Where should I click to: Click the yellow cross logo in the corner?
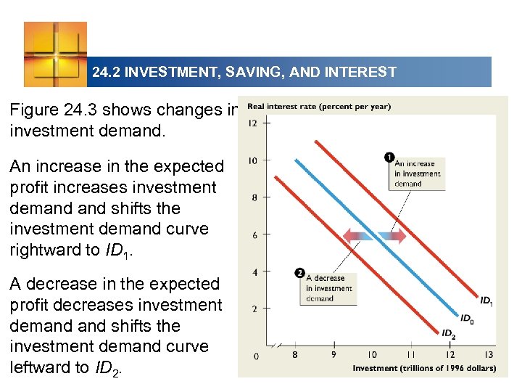coord(55,54)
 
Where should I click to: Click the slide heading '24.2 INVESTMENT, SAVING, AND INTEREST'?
coord(244,72)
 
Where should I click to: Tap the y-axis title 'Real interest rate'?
coord(318,107)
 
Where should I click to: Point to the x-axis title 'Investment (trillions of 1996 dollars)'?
coord(424,368)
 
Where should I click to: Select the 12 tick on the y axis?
coord(252,123)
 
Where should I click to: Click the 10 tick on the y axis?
coord(252,160)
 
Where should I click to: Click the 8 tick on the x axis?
coord(294,355)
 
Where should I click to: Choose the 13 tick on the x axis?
coord(488,355)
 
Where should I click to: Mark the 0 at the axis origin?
coord(255,356)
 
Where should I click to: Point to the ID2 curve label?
coord(449,334)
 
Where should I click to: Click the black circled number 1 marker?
coord(389,157)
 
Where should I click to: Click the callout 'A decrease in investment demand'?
coord(328,288)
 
